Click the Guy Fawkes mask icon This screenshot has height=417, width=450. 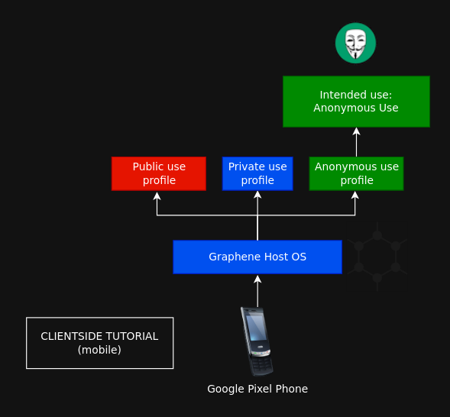(x=355, y=43)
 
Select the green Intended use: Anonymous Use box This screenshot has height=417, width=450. (x=356, y=102)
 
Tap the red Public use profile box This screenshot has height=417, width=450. (x=159, y=173)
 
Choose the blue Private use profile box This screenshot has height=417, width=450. (x=257, y=173)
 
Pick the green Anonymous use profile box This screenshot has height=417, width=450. (x=356, y=173)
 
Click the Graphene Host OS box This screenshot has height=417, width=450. (x=257, y=257)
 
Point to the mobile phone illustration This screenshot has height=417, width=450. (x=257, y=341)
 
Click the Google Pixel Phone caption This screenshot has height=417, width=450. (x=257, y=389)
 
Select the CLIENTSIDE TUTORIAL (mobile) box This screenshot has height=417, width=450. (x=99, y=343)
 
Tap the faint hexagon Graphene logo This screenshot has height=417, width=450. (x=377, y=257)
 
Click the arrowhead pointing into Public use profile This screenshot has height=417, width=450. (x=157, y=196)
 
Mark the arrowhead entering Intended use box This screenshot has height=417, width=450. (x=356, y=131)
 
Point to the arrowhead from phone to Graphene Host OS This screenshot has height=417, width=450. (x=257, y=279)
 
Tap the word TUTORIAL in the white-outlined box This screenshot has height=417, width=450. (x=131, y=336)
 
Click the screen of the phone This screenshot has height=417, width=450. (x=256, y=327)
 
